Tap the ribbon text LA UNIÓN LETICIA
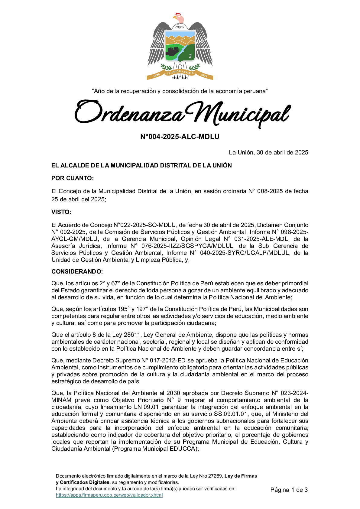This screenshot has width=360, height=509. coord(180,73)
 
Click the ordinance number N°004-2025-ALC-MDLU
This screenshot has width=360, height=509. coord(180,137)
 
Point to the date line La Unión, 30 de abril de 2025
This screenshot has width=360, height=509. coord(268,153)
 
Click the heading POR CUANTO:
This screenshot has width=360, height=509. coord(73,178)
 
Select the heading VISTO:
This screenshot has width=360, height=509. coord(61,212)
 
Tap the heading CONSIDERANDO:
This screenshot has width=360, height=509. coord(77,272)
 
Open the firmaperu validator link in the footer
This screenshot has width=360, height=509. coord(109,495)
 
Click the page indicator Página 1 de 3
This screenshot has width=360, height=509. coord(289,490)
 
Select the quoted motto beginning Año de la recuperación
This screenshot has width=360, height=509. coord(180,91)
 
